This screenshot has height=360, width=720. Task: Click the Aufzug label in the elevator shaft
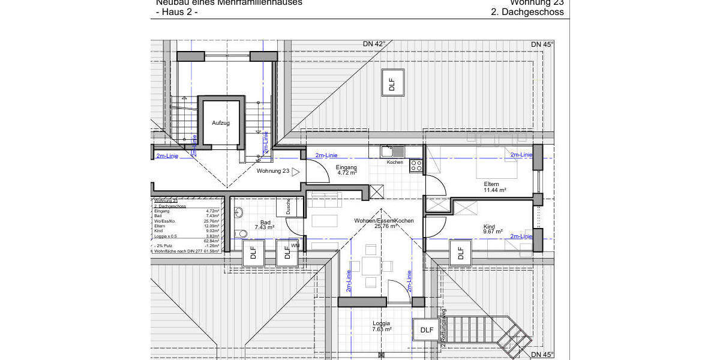pos(221,122)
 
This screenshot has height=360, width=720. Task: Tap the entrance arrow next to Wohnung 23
pos(295,172)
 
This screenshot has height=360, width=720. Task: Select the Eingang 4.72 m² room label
pos(346,170)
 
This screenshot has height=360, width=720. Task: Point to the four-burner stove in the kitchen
pos(416,166)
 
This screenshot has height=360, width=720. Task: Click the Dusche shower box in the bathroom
pos(283,207)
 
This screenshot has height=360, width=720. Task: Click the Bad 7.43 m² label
pos(264,225)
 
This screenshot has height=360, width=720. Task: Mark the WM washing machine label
pos(295,245)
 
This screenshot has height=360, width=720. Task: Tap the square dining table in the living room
pos(371,266)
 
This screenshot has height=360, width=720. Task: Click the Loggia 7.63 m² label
pos(382,326)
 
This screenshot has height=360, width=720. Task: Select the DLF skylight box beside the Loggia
pos(427,330)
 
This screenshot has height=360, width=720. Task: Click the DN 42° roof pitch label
pos(374,44)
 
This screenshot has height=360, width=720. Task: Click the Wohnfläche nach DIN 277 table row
pos(186,251)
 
